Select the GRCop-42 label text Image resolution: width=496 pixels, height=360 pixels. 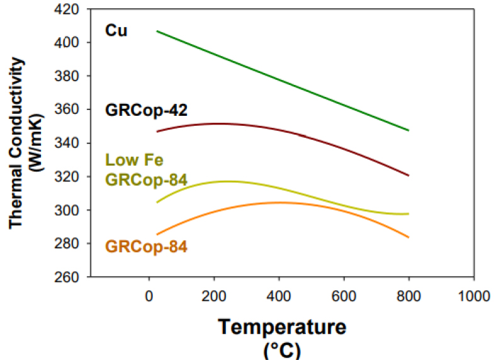[x=145, y=109]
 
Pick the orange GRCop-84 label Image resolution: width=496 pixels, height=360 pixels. [x=145, y=247]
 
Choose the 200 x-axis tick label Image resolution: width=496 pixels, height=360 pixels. [x=214, y=294]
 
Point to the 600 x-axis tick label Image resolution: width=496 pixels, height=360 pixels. [x=344, y=294]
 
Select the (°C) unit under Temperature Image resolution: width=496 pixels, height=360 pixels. [x=283, y=349]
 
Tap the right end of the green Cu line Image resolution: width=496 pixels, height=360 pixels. [x=409, y=130]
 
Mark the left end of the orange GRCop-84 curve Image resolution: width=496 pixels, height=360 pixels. [x=156, y=234]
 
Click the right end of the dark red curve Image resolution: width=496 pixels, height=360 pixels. [x=409, y=175]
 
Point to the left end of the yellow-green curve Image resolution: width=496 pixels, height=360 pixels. [x=156, y=202]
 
